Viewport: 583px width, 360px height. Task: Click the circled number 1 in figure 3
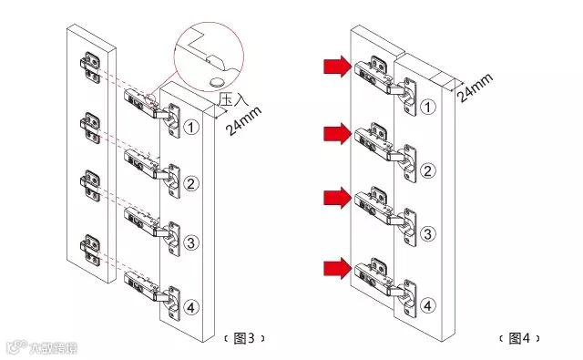click(191, 128)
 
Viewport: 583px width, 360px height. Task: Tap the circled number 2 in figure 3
click(191, 183)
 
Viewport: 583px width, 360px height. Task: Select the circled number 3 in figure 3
click(191, 242)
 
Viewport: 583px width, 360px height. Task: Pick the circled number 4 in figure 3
click(191, 307)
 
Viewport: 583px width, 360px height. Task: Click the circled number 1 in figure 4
click(428, 108)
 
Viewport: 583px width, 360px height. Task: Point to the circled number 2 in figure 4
click(428, 171)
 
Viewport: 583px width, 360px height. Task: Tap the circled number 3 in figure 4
click(428, 234)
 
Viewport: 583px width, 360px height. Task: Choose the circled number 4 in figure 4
click(428, 305)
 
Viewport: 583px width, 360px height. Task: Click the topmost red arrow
click(337, 67)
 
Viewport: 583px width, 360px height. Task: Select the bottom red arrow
click(337, 268)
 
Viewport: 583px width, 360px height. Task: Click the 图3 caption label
click(245, 338)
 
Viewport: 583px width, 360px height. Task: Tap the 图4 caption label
click(519, 338)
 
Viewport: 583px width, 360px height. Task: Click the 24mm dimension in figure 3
click(243, 121)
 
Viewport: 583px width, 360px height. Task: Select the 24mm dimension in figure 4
click(475, 87)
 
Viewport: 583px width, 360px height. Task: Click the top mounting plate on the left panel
click(90, 67)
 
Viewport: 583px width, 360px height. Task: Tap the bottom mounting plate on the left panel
click(90, 250)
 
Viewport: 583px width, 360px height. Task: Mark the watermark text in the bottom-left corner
click(42, 347)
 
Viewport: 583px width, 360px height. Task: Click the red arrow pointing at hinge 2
click(337, 134)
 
